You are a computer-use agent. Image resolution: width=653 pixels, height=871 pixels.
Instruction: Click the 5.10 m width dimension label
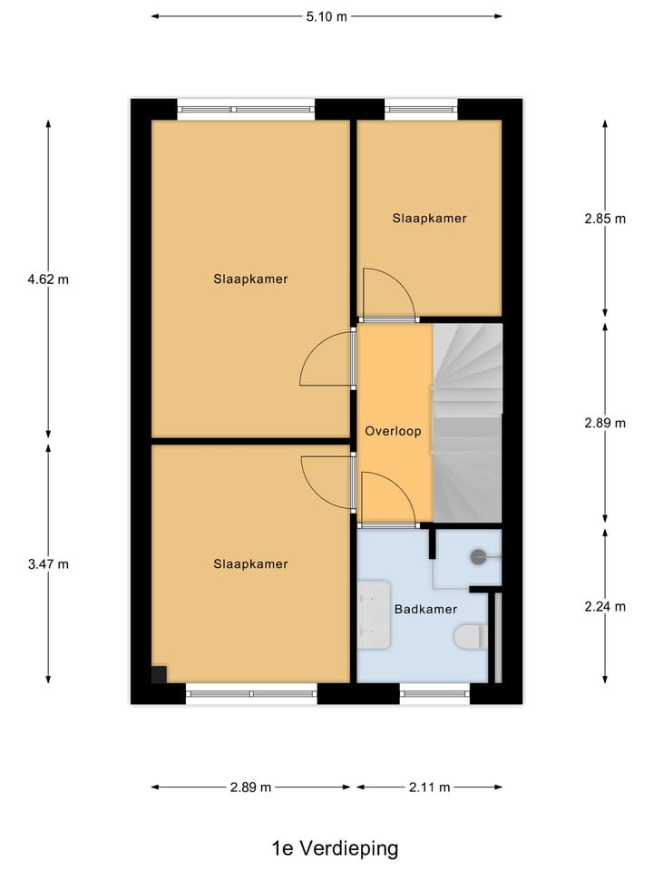[x=326, y=15]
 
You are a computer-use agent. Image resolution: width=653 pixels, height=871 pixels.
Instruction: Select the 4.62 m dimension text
[x=48, y=279]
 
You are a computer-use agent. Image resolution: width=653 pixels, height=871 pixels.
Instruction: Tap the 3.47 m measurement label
[x=48, y=563]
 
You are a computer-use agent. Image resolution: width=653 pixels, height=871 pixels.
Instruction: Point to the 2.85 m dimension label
[x=605, y=219]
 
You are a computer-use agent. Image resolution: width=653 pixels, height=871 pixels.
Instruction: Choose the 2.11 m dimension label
[x=429, y=788]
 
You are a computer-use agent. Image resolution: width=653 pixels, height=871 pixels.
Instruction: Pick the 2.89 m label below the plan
[x=251, y=788]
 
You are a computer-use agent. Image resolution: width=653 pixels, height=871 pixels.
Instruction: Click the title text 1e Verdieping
[x=335, y=848]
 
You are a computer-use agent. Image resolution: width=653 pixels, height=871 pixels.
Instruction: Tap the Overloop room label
[x=393, y=432]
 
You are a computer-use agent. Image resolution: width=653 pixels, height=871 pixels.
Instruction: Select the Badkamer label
[x=424, y=610]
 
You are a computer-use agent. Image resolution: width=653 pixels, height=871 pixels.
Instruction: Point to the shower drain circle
[x=478, y=557]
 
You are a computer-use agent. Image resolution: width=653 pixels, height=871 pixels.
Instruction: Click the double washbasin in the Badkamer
[x=371, y=617]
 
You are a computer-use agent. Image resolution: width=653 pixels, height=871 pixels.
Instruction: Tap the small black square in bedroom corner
[x=159, y=673]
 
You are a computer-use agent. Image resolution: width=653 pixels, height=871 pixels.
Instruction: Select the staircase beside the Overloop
[x=467, y=422]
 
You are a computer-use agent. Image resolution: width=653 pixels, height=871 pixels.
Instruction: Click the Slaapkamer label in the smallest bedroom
[x=429, y=219]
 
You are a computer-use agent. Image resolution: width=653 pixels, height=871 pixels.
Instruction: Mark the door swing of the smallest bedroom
[x=385, y=293]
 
